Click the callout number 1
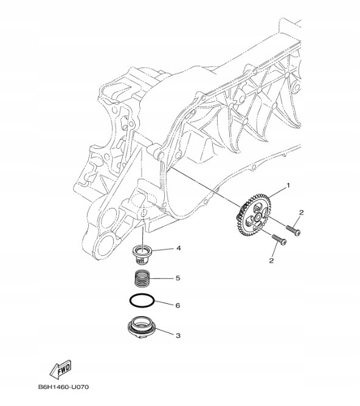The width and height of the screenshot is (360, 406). pos(289,185)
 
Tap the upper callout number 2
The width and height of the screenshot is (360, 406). pos(300,212)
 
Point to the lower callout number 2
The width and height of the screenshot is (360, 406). pos(272,260)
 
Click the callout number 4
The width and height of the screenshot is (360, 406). pos(179,248)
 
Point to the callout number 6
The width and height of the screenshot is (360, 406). pos(178,306)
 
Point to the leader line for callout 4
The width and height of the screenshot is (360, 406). pos(165,249)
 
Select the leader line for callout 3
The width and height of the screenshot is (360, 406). pos(166,334)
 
